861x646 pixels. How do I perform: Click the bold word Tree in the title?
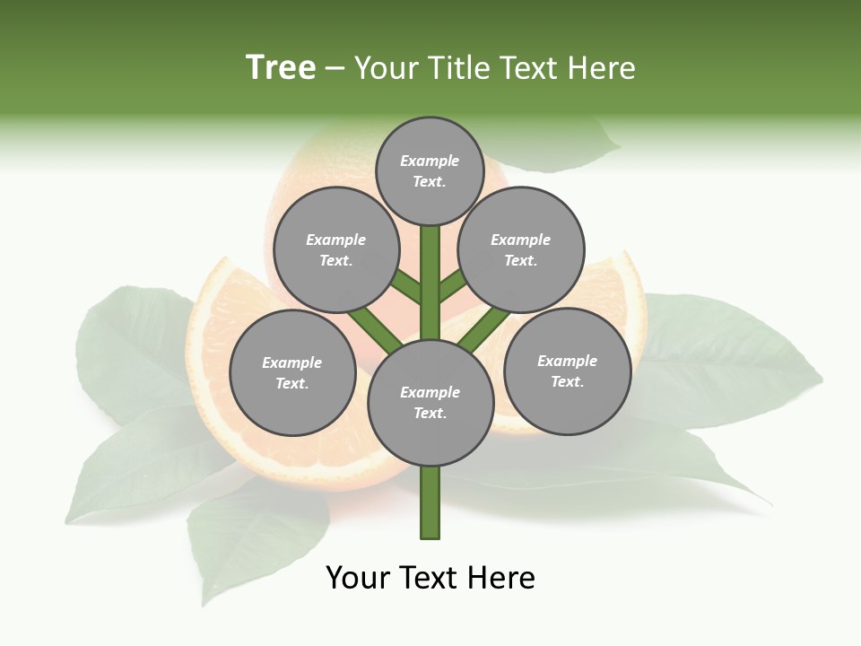(281, 68)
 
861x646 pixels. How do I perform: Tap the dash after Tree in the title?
(335, 69)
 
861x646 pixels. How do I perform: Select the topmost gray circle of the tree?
(430, 170)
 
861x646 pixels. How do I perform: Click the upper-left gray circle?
(335, 249)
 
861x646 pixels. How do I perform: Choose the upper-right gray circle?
(521, 249)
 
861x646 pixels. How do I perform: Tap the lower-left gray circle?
(292, 372)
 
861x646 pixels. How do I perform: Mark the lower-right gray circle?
(567, 371)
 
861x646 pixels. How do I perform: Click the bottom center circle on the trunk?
(430, 402)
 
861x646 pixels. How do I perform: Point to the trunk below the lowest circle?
(430, 502)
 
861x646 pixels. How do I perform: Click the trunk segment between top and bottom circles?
(430, 283)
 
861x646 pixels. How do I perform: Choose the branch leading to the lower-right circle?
(485, 328)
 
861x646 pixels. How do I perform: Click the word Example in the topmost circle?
(430, 161)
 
